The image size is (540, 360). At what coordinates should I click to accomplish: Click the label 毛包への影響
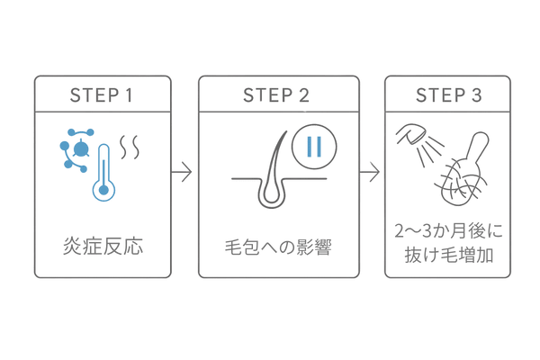(277, 244)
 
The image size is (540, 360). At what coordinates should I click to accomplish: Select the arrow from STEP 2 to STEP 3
(369, 171)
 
